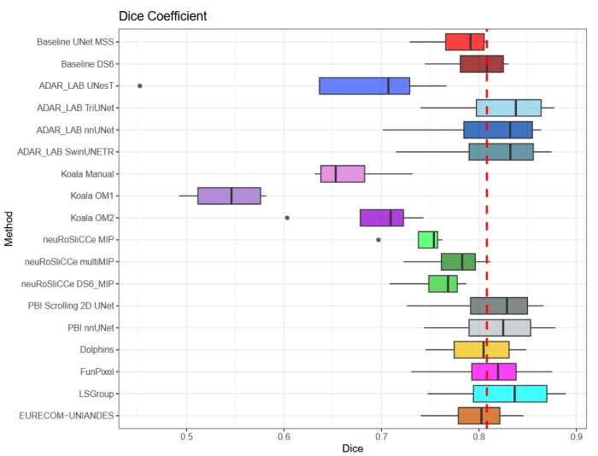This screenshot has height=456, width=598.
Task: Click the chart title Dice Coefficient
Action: click(162, 16)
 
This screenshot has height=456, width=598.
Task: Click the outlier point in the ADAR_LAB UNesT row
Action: click(139, 85)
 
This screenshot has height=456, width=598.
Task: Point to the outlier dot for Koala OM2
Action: click(287, 218)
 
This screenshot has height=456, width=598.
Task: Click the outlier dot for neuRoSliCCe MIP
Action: click(378, 240)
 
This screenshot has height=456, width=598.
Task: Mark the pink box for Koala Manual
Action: click(343, 173)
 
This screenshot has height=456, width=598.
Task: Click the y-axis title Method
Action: click(9, 229)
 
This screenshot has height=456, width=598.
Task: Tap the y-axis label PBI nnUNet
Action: click(92, 328)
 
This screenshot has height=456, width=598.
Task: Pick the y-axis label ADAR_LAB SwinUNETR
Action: click(67, 152)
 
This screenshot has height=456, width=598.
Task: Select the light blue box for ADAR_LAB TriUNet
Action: click(508, 108)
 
